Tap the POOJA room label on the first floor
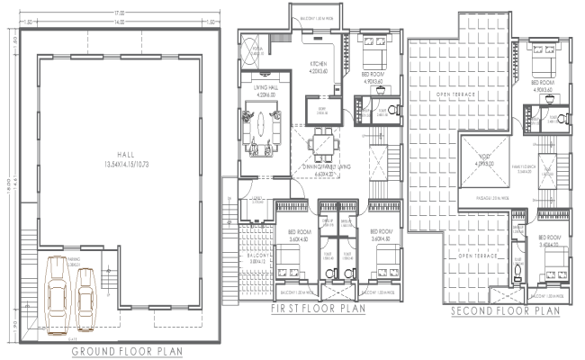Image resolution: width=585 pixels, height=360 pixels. click(256, 49)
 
